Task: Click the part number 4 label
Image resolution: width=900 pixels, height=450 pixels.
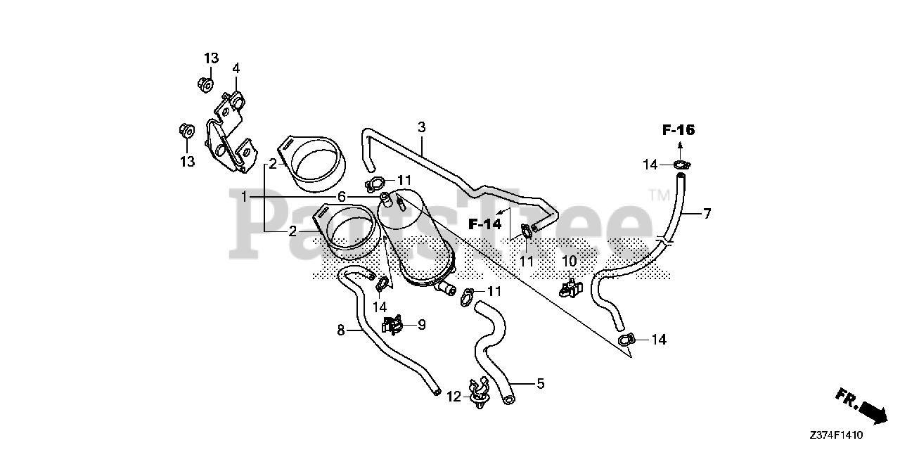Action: pos(236,68)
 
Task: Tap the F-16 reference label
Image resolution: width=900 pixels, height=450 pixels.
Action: pos(678,129)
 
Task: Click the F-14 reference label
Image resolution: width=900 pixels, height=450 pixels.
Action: pos(485,224)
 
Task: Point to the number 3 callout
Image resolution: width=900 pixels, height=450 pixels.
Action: pos(421,127)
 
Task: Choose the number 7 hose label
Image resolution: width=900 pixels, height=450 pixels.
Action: pos(707,214)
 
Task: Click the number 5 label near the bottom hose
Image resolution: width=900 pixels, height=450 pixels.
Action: pos(540,384)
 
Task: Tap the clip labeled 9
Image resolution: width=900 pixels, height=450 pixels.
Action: pos(392,324)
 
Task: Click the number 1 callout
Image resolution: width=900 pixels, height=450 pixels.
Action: pos(245,198)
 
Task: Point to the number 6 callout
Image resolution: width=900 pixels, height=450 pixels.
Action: pos(342,197)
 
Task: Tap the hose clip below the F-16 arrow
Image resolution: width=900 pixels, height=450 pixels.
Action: pos(681,165)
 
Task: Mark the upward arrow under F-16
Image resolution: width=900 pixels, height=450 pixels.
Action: pos(681,146)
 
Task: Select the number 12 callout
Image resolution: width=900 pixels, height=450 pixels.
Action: pos(454,397)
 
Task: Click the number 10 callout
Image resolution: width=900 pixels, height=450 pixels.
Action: pos(570,262)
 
